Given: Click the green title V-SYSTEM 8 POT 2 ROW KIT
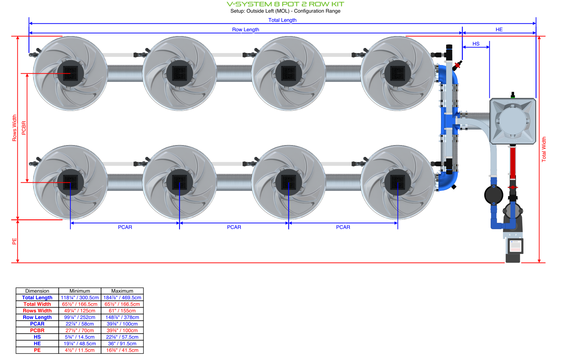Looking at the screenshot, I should coord(285,4).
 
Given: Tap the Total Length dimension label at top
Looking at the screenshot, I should coord(282,20).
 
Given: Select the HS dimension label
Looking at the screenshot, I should coord(476,44).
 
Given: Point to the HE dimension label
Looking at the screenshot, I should coord(499,29).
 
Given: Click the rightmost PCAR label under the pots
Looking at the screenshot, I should coord(343,227).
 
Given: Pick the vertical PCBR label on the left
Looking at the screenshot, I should coord(24,128).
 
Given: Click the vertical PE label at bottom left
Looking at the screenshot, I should coord(14,241).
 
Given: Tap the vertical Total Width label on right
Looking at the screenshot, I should coord(544,149).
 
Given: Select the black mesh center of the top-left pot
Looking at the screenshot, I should coord(71,73).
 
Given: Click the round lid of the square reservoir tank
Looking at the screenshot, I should coord(512,121).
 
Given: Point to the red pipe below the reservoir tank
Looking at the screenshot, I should coord(512,161).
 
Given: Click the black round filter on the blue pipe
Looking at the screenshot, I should coord(493,195).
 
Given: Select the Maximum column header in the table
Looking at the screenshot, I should coord(122,291).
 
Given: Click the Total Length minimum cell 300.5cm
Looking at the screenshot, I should coord(80,297).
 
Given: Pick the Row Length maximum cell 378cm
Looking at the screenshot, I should coord(122,317).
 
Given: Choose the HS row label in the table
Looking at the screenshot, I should coord(37,337).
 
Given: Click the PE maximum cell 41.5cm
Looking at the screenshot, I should coord(122,350).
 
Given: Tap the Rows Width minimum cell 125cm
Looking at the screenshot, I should coord(80,311).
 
